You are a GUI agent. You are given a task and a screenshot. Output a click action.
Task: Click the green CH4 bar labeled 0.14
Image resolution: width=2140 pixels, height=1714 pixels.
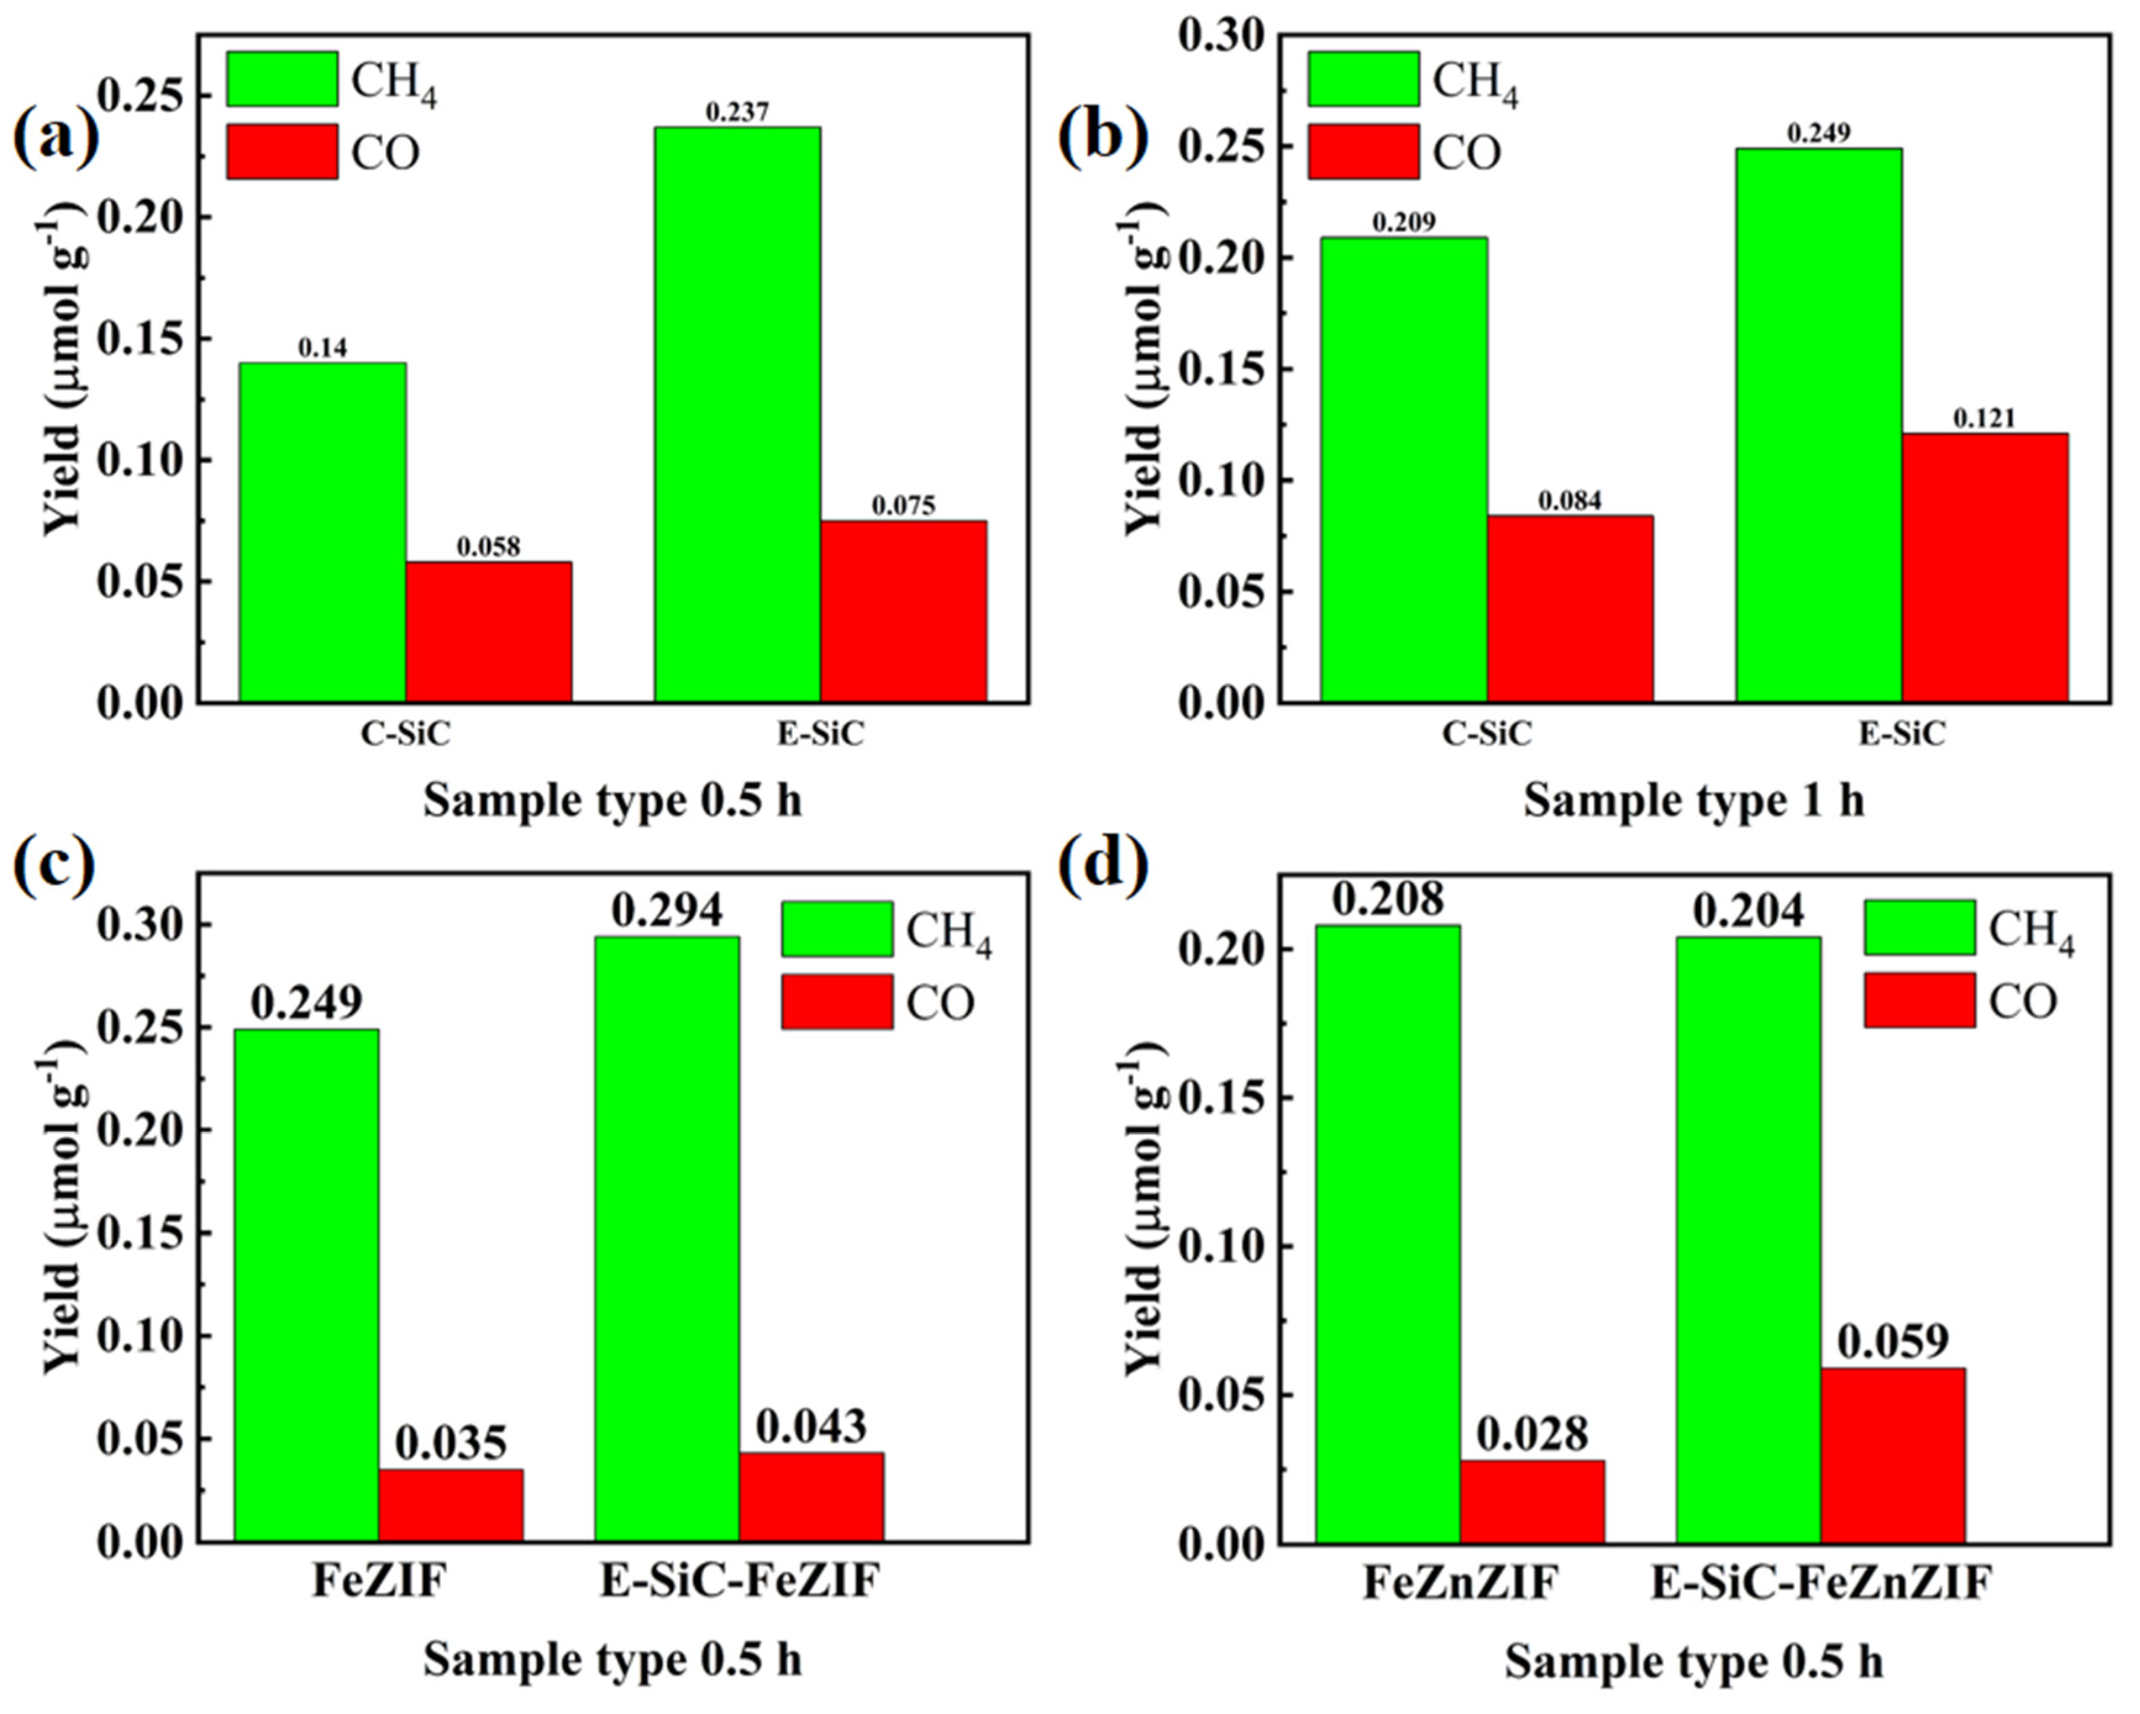click(322, 532)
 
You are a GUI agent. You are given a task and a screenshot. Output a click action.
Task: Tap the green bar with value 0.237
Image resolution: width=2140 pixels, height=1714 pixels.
click(737, 415)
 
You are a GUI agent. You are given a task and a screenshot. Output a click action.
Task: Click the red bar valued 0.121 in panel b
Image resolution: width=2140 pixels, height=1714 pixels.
click(1984, 568)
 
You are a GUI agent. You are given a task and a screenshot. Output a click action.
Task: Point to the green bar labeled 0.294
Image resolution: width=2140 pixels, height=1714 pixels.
click(666, 1239)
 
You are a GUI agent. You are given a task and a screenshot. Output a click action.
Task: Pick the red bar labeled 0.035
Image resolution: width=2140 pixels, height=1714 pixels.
click(451, 1505)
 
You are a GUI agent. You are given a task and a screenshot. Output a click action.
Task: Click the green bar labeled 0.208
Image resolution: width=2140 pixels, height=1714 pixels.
click(1387, 1234)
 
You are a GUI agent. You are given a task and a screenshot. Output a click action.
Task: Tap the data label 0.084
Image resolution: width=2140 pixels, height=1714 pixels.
click(1569, 501)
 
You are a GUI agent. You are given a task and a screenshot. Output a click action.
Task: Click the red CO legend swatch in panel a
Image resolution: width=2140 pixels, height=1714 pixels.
click(282, 152)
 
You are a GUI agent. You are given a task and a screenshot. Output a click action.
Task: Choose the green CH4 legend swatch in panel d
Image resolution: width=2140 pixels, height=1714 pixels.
click(1919, 928)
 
